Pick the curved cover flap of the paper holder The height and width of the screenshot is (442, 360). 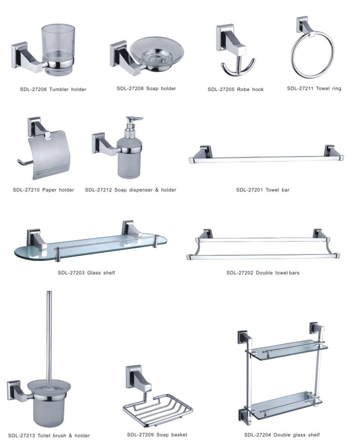(x=50, y=155)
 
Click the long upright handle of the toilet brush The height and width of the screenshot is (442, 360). (x=49, y=335)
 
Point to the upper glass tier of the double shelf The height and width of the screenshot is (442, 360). (x=286, y=349)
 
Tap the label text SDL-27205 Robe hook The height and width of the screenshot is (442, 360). (x=236, y=89)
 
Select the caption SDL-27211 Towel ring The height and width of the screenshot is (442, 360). (x=314, y=88)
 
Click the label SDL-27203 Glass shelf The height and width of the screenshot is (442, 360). (x=86, y=273)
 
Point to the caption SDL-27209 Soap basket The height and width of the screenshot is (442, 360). (x=157, y=435)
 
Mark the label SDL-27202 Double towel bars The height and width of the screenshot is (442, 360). (x=262, y=273)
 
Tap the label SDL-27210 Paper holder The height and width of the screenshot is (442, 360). (x=43, y=190)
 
